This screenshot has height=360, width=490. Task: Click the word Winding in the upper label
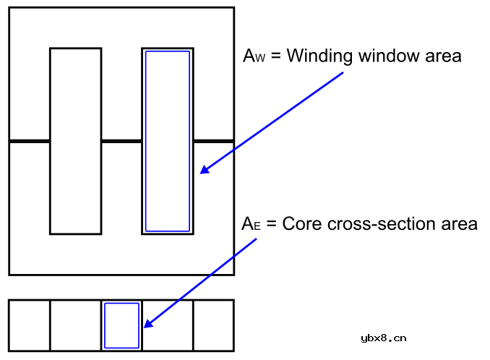click(319, 56)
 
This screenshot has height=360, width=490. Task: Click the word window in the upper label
click(386, 56)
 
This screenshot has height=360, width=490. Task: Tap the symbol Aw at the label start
click(253, 56)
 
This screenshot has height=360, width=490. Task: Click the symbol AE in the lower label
click(250, 224)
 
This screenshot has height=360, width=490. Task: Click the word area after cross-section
click(459, 224)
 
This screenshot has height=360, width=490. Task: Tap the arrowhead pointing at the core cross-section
click(147, 324)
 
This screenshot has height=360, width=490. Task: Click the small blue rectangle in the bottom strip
click(121, 325)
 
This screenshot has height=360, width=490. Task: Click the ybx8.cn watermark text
click(382, 338)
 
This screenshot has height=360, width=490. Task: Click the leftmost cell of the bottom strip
click(29, 325)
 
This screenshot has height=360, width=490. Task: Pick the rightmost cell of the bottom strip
click(213, 325)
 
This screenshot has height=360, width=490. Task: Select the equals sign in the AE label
click(272, 225)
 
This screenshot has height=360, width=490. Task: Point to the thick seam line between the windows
click(121, 141)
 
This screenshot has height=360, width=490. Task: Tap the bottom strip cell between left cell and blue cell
click(75, 325)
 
